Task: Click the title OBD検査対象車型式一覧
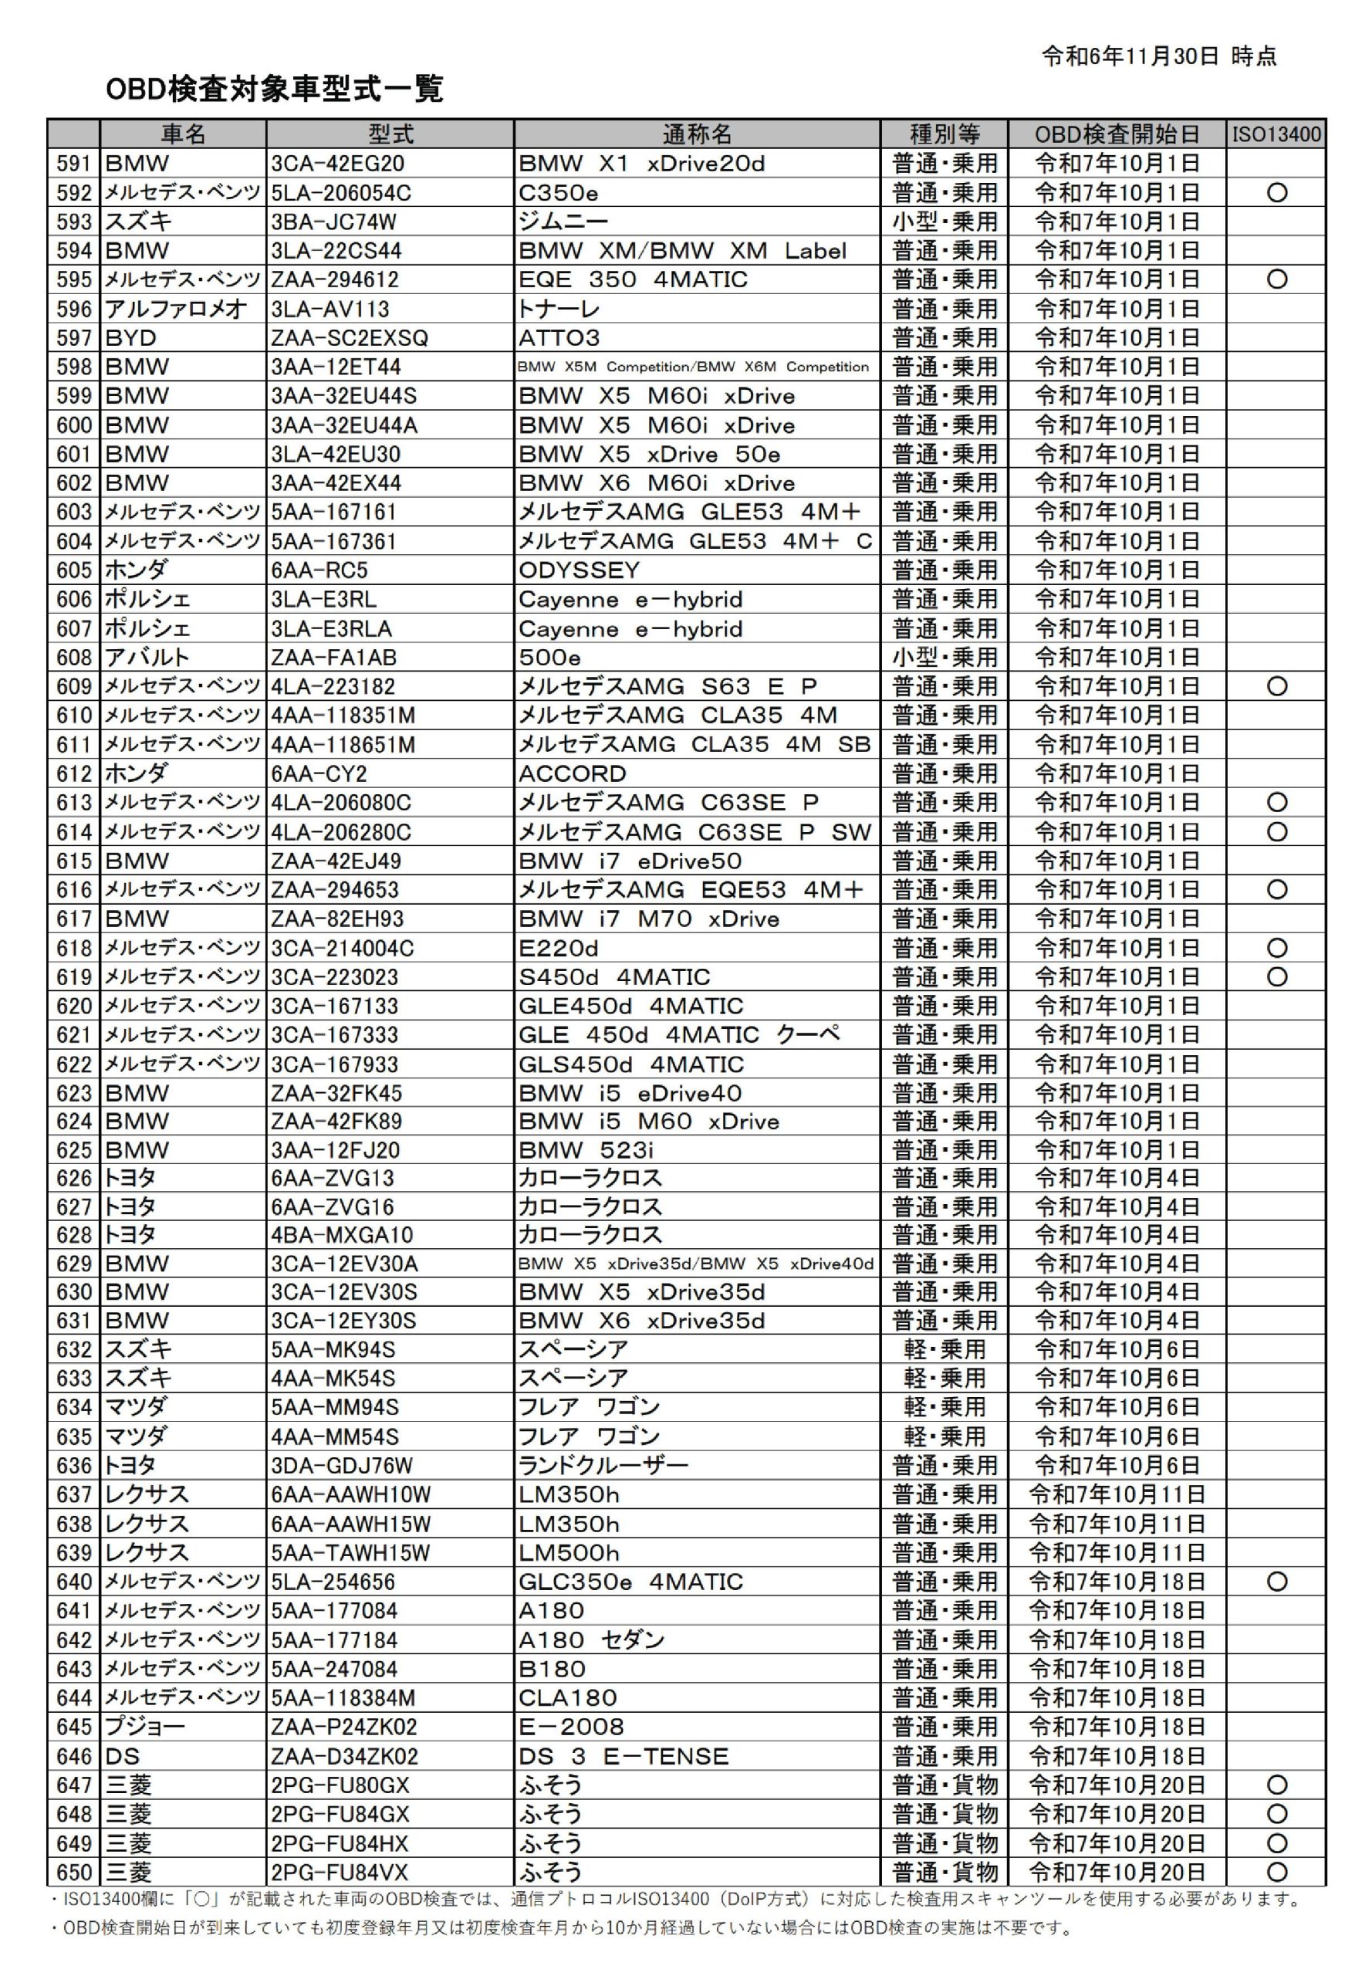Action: click(274, 90)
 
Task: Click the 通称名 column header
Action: click(696, 134)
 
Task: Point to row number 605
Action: click(74, 570)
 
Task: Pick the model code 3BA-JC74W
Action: click(333, 222)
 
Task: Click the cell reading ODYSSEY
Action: click(579, 570)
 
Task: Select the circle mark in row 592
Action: click(1276, 193)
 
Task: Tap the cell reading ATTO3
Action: click(559, 338)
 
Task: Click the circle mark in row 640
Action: click(1276, 1582)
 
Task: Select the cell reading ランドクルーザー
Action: click(603, 1465)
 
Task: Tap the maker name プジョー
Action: click(144, 1727)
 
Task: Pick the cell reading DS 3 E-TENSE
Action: click(623, 1756)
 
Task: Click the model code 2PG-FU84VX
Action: click(340, 1872)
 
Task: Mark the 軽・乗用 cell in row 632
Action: click(944, 1349)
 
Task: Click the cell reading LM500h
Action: click(568, 1553)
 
